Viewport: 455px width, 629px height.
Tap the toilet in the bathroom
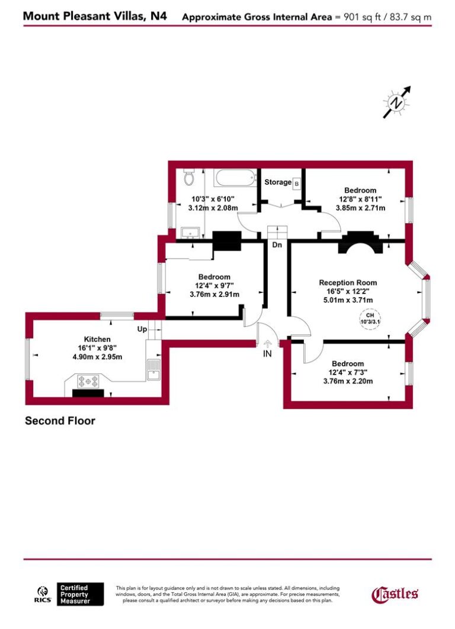click(x=189, y=176)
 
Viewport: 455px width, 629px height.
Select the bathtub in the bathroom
click(x=235, y=177)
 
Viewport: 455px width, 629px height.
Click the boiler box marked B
click(x=297, y=183)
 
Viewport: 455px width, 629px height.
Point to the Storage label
click(x=277, y=182)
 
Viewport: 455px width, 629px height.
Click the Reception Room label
click(x=348, y=283)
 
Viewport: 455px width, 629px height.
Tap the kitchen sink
click(x=153, y=370)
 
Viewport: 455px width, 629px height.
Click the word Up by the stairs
click(x=142, y=328)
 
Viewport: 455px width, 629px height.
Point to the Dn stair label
click(x=277, y=244)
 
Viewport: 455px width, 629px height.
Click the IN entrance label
click(x=267, y=354)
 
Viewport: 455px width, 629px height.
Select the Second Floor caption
click(x=60, y=421)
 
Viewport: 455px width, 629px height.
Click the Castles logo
click(x=395, y=593)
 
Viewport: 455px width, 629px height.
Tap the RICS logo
click(x=44, y=593)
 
